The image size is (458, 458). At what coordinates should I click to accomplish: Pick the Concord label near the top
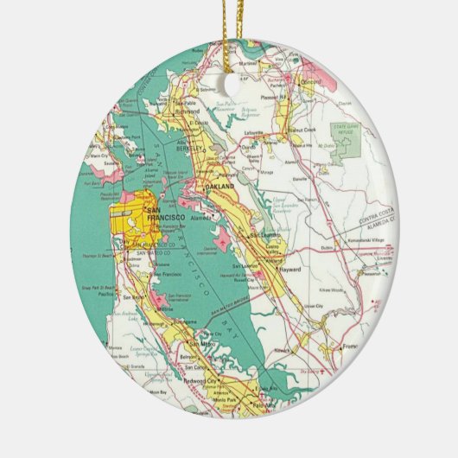[x=310, y=82]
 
